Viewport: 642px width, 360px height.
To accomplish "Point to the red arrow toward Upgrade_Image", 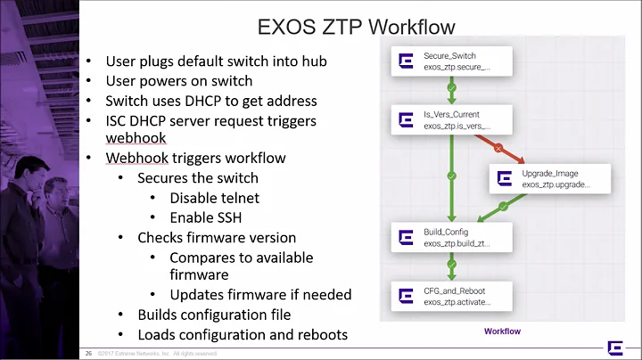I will point(499,147).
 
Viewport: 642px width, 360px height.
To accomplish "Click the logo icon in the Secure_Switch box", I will point(406,61).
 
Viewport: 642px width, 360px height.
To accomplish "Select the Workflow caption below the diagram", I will point(502,331).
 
